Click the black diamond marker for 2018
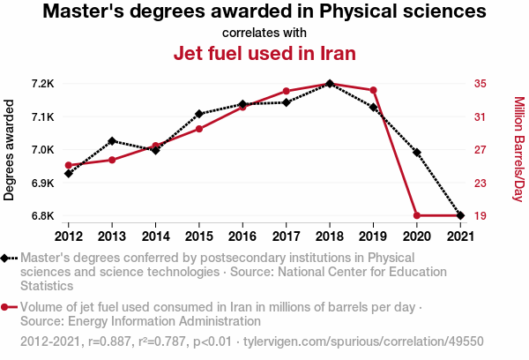[329, 84]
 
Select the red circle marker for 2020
[416, 215]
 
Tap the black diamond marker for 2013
[112, 141]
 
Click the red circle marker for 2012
[69, 165]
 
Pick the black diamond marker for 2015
[199, 114]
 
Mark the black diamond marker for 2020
[416, 153]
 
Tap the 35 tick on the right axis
[481, 84]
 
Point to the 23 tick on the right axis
[481, 183]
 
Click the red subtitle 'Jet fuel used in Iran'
[264, 53]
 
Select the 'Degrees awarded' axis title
[10, 150]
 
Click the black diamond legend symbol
[9, 259]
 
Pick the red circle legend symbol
[9, 307]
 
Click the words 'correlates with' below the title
[264, 33]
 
